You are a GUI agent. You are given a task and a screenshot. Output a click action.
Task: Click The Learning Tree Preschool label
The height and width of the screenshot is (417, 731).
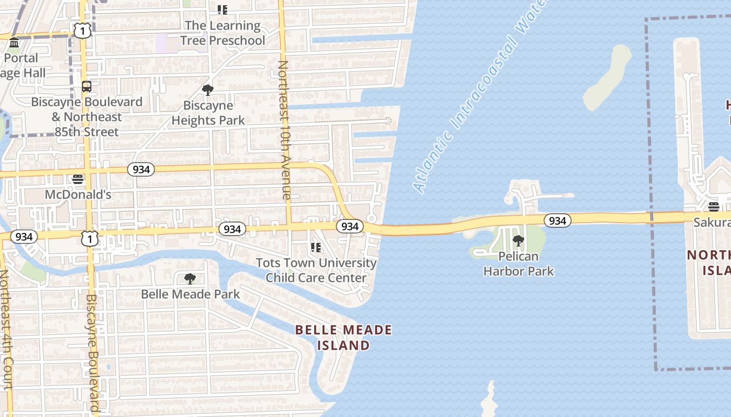(x=222, y=33)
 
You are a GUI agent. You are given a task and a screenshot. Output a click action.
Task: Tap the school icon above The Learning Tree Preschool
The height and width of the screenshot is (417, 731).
(x=222, y=10)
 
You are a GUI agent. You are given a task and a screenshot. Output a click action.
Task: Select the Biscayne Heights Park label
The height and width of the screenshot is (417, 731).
(x=208, y=113)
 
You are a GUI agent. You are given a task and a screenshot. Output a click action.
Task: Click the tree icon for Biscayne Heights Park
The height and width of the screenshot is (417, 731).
(x=208, y=90)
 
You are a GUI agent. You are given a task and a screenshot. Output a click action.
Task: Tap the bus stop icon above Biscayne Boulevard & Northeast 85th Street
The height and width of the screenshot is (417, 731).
(x=87, y=87)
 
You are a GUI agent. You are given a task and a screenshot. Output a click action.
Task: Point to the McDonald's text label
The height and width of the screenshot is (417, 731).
(x=78, y=195)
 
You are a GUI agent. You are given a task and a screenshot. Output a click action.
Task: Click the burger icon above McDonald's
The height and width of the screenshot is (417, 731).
(x=78, y=180)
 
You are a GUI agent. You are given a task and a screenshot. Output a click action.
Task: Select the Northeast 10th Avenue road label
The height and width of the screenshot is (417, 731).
(x=285, y=130)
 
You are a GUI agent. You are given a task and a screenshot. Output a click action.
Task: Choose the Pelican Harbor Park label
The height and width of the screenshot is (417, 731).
(x=518, y=264)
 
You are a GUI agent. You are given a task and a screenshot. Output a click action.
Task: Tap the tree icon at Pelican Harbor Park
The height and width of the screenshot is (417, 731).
(x=518, y=241)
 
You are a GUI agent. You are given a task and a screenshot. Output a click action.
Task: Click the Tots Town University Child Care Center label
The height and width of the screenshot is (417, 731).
(x=316, y=270)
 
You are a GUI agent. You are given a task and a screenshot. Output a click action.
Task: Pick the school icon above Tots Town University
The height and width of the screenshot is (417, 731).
(x=316, y=248)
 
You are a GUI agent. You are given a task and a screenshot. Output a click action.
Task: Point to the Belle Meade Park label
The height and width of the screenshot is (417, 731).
(x=190, y=295)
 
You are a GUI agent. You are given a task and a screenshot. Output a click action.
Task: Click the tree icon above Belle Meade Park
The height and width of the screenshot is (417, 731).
(x=190, y=279)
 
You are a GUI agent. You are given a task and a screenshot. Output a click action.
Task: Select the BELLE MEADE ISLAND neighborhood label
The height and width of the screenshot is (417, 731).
(x=344, y=337)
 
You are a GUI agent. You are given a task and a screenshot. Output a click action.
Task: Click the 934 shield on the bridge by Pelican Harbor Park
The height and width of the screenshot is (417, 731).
(x=557, y=221)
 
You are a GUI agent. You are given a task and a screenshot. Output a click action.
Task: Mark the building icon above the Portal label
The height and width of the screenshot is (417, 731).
(x=14, y=43)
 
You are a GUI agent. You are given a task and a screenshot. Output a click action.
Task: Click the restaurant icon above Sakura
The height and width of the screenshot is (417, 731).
(x=714, y=207)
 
